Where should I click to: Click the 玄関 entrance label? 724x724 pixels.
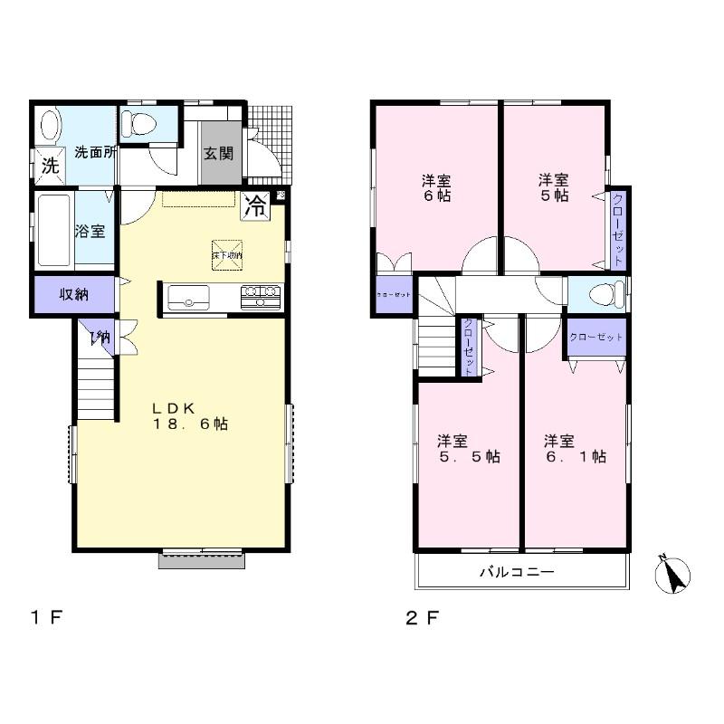pos(218,153)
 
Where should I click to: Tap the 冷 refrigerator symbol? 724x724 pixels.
pos(257,205)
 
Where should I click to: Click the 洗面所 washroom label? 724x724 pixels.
pos(94,152)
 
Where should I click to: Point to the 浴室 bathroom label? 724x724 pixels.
pos(90,231)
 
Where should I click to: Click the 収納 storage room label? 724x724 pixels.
pos(74,294)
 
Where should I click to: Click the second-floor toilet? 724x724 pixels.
pos(607,294)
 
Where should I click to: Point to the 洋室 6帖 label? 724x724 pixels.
pos(435,187)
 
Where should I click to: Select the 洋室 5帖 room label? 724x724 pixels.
pos(553,187)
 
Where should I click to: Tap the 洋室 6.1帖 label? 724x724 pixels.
pos(575,449)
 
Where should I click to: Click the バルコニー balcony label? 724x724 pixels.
pos(516,572)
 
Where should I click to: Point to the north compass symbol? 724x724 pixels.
pos(672,576)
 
